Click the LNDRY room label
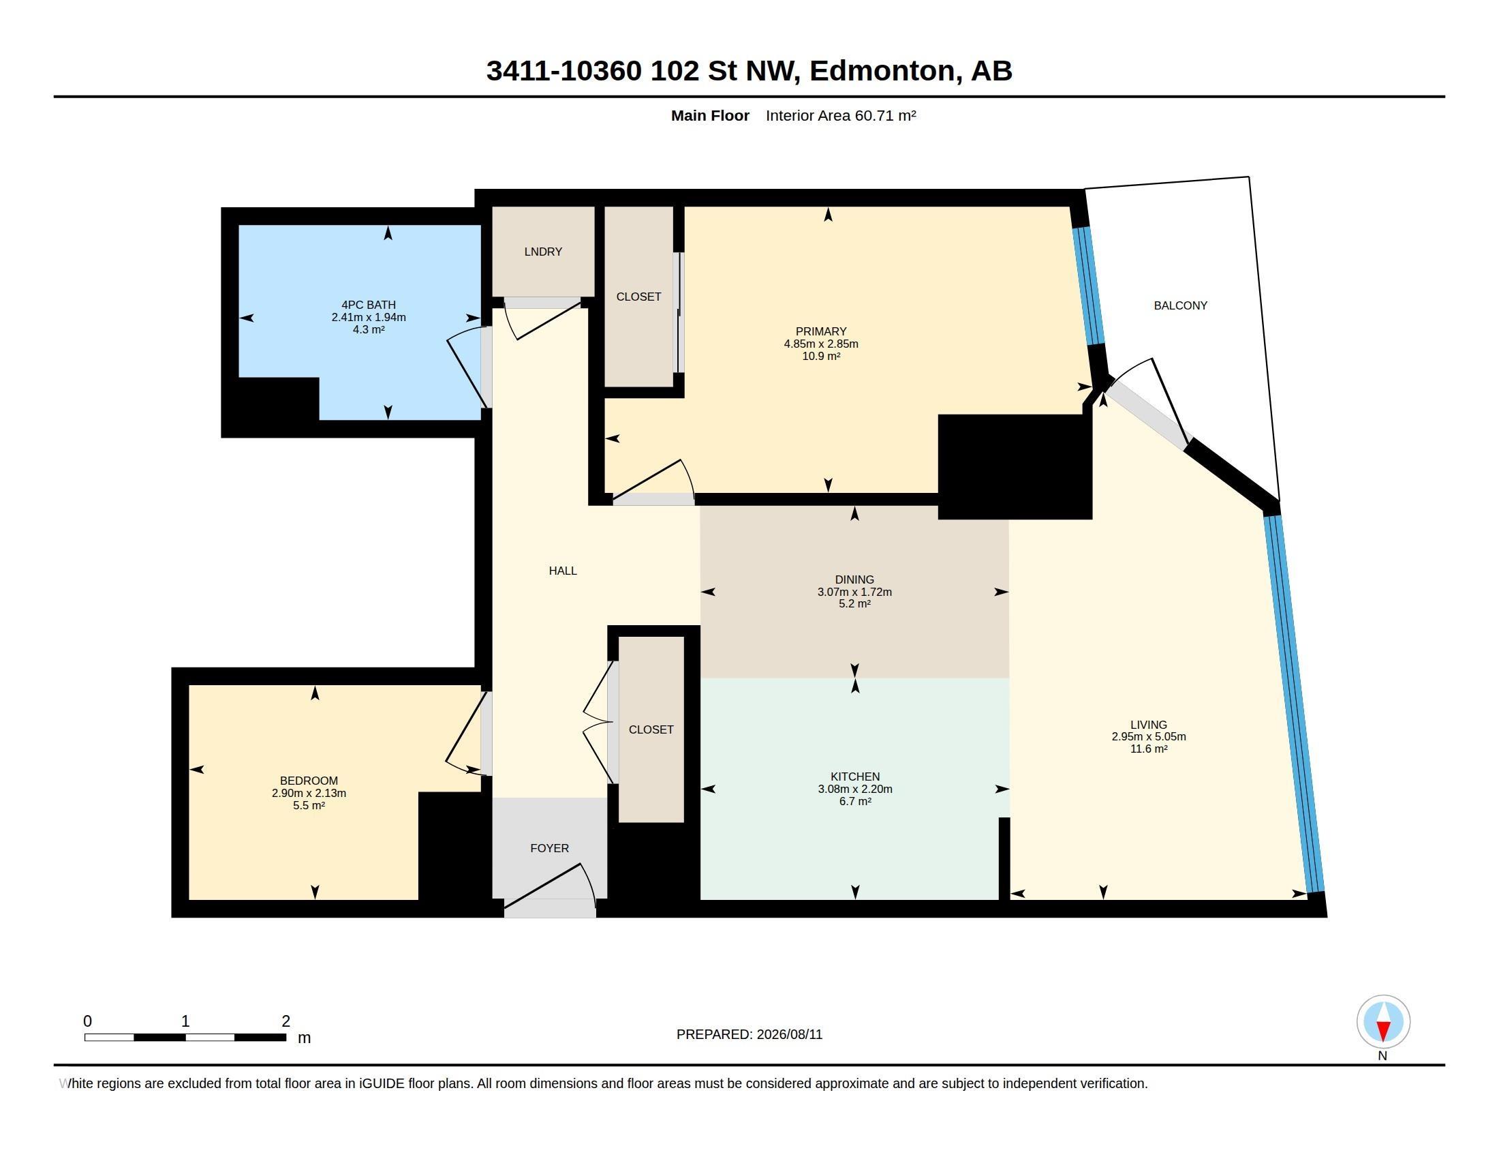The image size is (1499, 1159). [543, 252]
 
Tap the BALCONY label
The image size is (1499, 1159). [1180, 305]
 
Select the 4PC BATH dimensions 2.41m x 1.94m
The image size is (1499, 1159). [369, 317]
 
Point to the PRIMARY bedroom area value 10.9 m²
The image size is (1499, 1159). [821, 356]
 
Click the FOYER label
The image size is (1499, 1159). [549, 849]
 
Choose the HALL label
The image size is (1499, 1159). [563, 571]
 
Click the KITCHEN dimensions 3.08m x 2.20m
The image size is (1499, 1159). [854, 789]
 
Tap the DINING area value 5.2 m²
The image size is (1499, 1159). [854, 603]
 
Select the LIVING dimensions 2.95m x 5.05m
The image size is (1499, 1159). [1148, 737]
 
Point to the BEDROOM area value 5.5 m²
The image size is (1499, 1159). [309, 805]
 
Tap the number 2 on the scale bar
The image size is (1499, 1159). [285, 1021]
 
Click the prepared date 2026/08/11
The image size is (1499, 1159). [789, 1035]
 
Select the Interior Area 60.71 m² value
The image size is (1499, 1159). [841, 115]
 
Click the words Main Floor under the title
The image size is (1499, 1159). [710, 115]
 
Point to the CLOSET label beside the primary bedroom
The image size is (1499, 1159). [638, 297]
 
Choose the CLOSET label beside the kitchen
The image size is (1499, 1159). [651, 730]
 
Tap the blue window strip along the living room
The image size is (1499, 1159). [1295, 704]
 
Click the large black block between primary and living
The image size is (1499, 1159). [1015, 467]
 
